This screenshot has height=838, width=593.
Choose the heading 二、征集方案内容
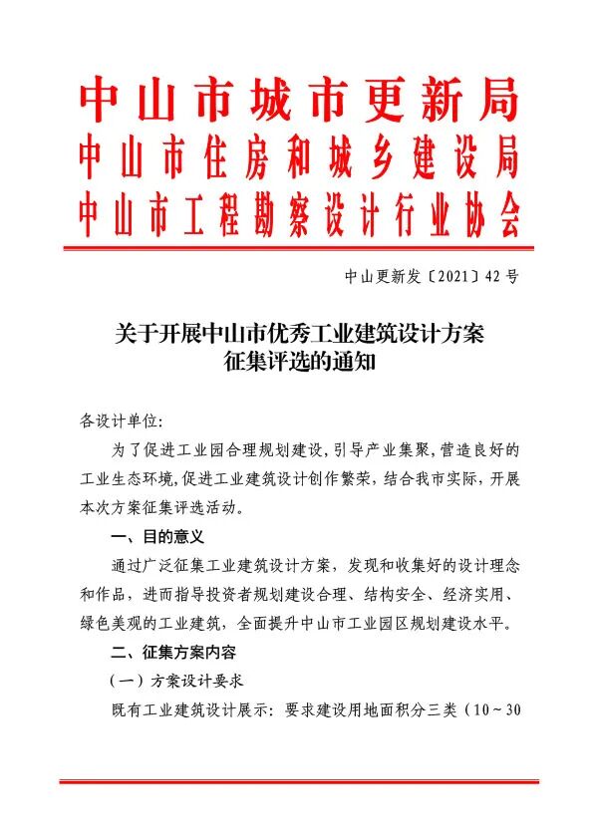tap(173, 654)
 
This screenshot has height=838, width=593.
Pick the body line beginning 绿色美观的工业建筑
tap(297, 624)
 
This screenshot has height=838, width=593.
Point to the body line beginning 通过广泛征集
tap(315, 565)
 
